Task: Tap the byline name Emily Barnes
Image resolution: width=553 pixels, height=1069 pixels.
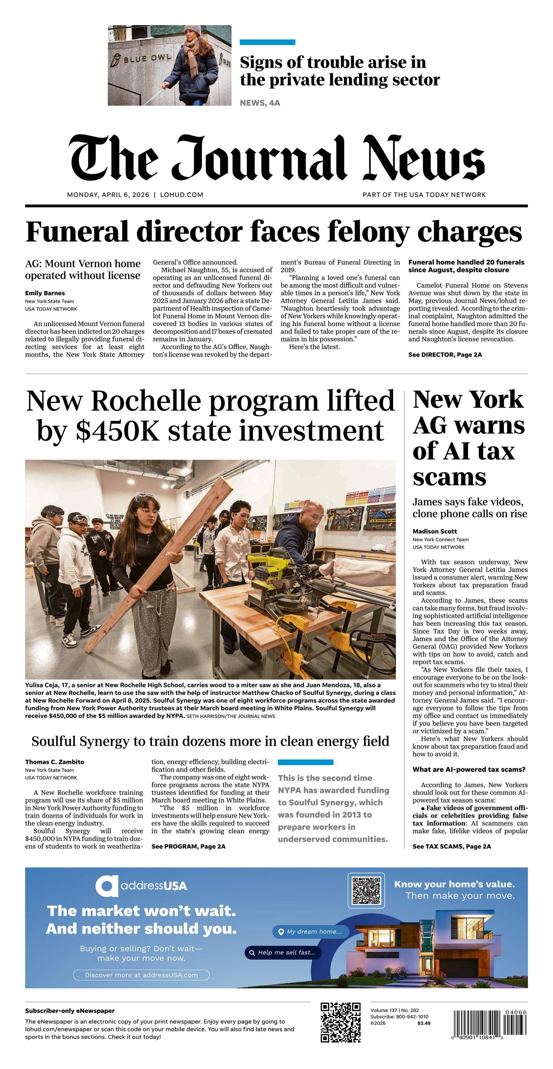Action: [x=45, y=293]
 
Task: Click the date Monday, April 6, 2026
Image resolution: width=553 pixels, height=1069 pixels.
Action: [x=108, y=194]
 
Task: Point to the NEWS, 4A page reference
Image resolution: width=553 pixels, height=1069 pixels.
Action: [x=260, y=103]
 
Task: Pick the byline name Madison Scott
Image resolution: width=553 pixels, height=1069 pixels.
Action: [x=434, y=531]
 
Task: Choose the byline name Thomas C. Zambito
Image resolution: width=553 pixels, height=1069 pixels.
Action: [x=55, y=762]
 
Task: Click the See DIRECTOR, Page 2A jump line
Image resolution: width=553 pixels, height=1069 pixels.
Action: [x=445, y=355]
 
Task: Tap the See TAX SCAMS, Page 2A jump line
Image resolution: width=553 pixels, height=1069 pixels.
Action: [x=452, y=847]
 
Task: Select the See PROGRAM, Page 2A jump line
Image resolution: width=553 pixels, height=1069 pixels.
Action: [x=188, y=847]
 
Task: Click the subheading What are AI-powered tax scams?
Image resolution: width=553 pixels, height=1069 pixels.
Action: [x=469, y=769]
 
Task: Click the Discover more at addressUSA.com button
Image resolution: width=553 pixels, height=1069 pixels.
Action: [x=141, y=975]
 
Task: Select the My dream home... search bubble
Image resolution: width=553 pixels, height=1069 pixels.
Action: [x=310, y=932]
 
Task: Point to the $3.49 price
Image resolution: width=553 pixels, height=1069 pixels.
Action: [x=424, y=1023]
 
